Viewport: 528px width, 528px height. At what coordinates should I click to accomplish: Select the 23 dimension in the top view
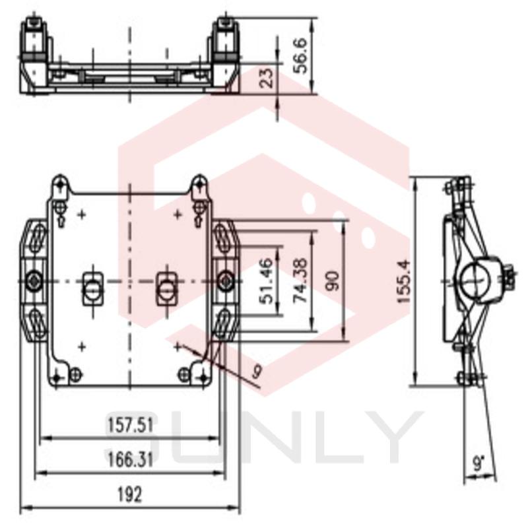(x=267, y=79)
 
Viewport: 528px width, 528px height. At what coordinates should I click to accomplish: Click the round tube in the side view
(x=475, y=281)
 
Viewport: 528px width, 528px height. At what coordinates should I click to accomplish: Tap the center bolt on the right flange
(x=225, y=281)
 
